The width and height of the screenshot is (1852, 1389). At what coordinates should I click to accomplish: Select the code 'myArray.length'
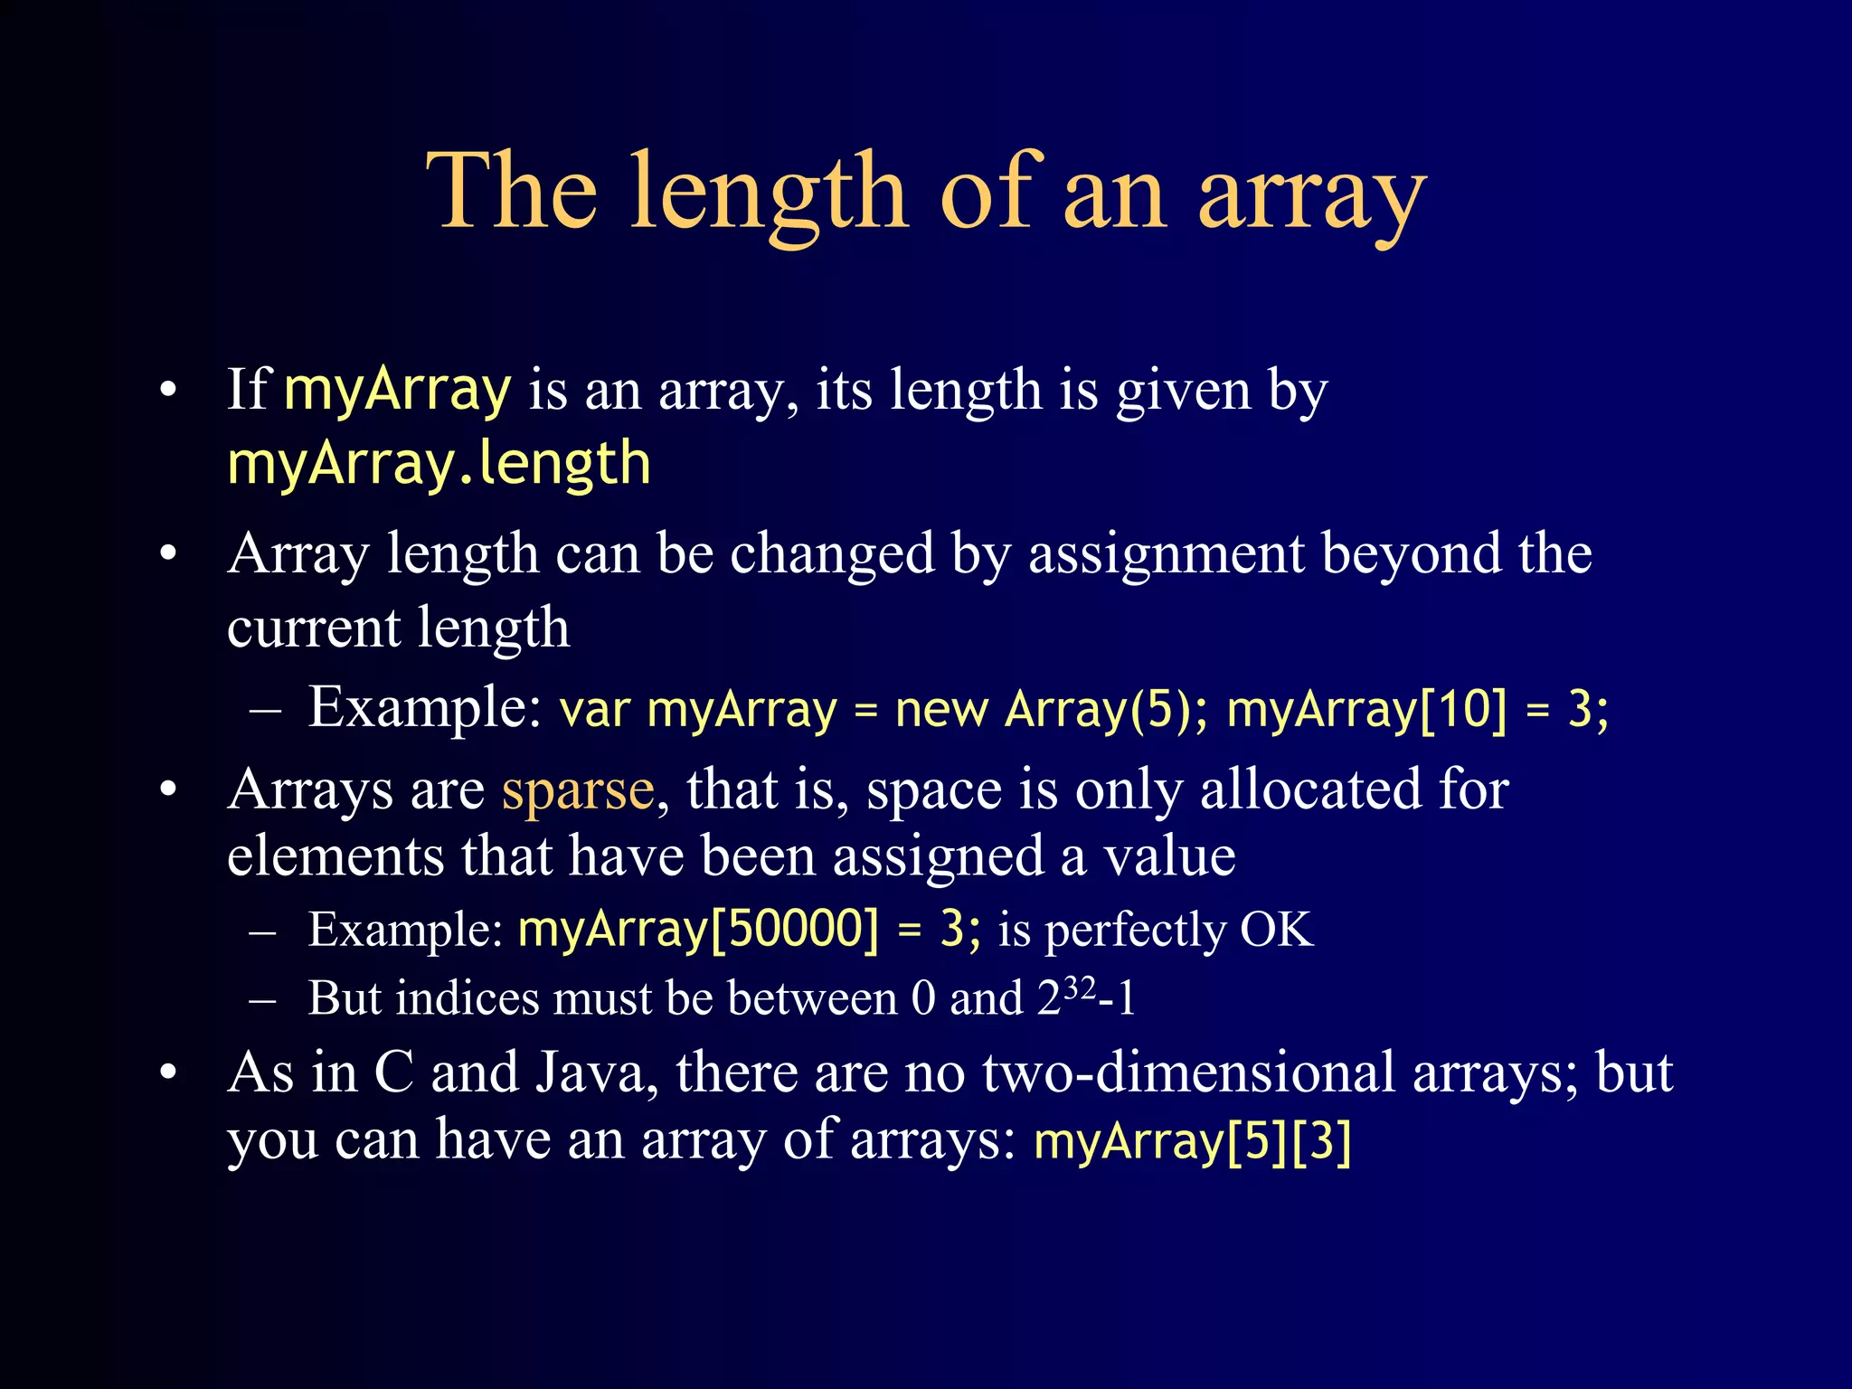[x=439, y=463]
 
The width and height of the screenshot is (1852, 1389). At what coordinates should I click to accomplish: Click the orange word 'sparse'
[x=578, y=790]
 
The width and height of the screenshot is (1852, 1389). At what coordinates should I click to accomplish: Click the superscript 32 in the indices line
[x=1079, y=987]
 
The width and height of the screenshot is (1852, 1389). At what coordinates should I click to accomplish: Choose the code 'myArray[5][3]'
[x=1192, y=1141]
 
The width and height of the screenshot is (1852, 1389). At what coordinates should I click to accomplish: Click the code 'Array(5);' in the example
[x=1106, y=709]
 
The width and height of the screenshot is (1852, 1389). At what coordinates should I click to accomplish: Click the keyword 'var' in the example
[x=594, y=709]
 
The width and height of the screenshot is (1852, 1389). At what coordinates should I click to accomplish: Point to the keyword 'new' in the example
[x=940, y=709]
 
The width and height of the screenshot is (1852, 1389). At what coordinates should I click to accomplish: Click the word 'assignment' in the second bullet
[x=1167, y=553]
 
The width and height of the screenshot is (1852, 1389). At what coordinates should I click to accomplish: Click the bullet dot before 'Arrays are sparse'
[x=168, y=790]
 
